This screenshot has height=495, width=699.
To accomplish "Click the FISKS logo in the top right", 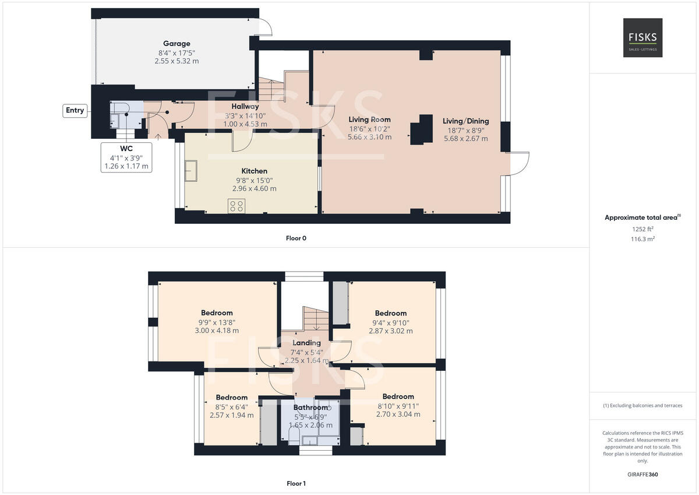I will click(x=642, y=38).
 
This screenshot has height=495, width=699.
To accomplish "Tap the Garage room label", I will click(x=176, y=44).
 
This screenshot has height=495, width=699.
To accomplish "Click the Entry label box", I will click(x=75, y=110).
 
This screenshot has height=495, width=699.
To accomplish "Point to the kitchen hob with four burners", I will click(x=237, y=206).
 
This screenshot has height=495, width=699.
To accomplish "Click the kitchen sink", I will click(x=191, y=171).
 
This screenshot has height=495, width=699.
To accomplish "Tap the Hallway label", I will click(x=245, y=107).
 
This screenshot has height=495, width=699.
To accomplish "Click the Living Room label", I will click(x=369, y=120).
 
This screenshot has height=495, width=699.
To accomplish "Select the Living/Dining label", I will click(x=465, y=121).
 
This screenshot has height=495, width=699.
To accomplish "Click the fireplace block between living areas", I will click(x=422, y=129).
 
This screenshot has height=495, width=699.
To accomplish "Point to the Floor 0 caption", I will click(x=296, y=238).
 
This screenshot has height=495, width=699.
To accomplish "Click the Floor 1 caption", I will click(x=296, y=483).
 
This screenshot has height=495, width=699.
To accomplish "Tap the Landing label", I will click(x=306, y=343).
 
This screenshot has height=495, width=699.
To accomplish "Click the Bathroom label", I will click(x=310, y=408).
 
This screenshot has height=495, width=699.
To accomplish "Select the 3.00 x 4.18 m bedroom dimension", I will click(x=217, y=331).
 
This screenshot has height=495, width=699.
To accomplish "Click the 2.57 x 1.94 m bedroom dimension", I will click(x=231, y=415).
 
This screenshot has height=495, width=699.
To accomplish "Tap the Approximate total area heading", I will click(x=642, y=217).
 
